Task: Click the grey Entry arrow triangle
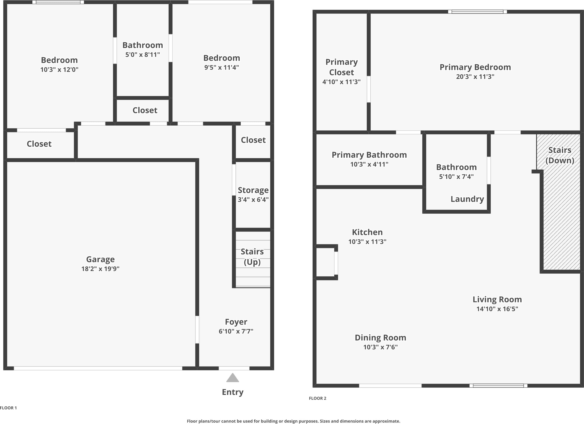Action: [233, 378]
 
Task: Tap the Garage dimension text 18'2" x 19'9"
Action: [100, 269]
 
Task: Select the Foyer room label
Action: [236, 322]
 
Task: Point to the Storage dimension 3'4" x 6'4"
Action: [253, 200]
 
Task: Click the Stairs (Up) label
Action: [252, 256]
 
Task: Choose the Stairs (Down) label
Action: [559, 155]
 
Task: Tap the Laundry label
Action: [467, 199]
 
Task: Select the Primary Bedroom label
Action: [475, 67]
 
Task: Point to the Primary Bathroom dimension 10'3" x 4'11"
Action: [369, 164]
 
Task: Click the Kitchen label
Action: [367, 232]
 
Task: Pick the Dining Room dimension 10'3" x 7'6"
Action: [380, 347]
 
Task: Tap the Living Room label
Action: [497, 299]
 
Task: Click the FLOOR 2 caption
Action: [317, 398]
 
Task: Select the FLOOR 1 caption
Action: [8, 408]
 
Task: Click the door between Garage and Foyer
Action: [197, 329]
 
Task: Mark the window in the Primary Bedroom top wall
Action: [477, 12]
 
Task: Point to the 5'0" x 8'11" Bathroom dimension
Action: [142, 55]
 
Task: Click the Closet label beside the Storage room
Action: [253, 140]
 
